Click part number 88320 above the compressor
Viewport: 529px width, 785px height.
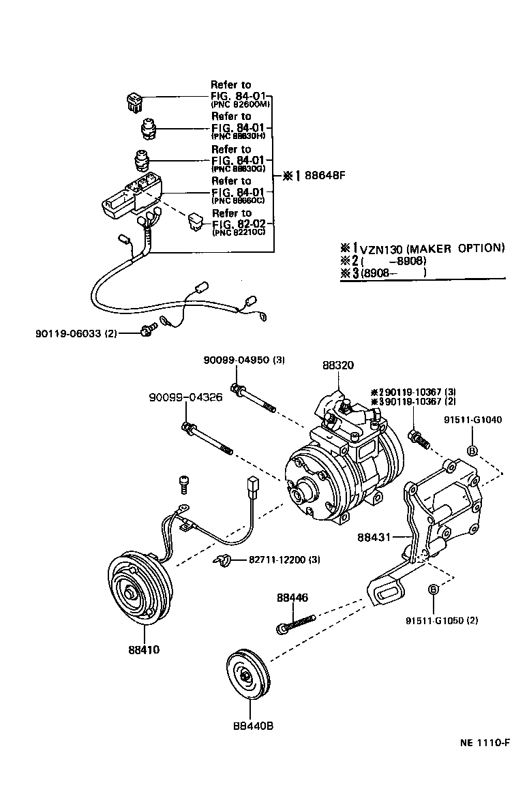338,365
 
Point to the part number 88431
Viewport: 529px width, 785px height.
374,538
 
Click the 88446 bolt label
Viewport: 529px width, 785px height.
292,598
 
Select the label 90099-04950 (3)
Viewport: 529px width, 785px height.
243,360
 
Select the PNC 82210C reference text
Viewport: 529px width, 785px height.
238,232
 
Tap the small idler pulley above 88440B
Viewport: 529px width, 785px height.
248,676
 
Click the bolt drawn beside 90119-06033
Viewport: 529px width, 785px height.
145,331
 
